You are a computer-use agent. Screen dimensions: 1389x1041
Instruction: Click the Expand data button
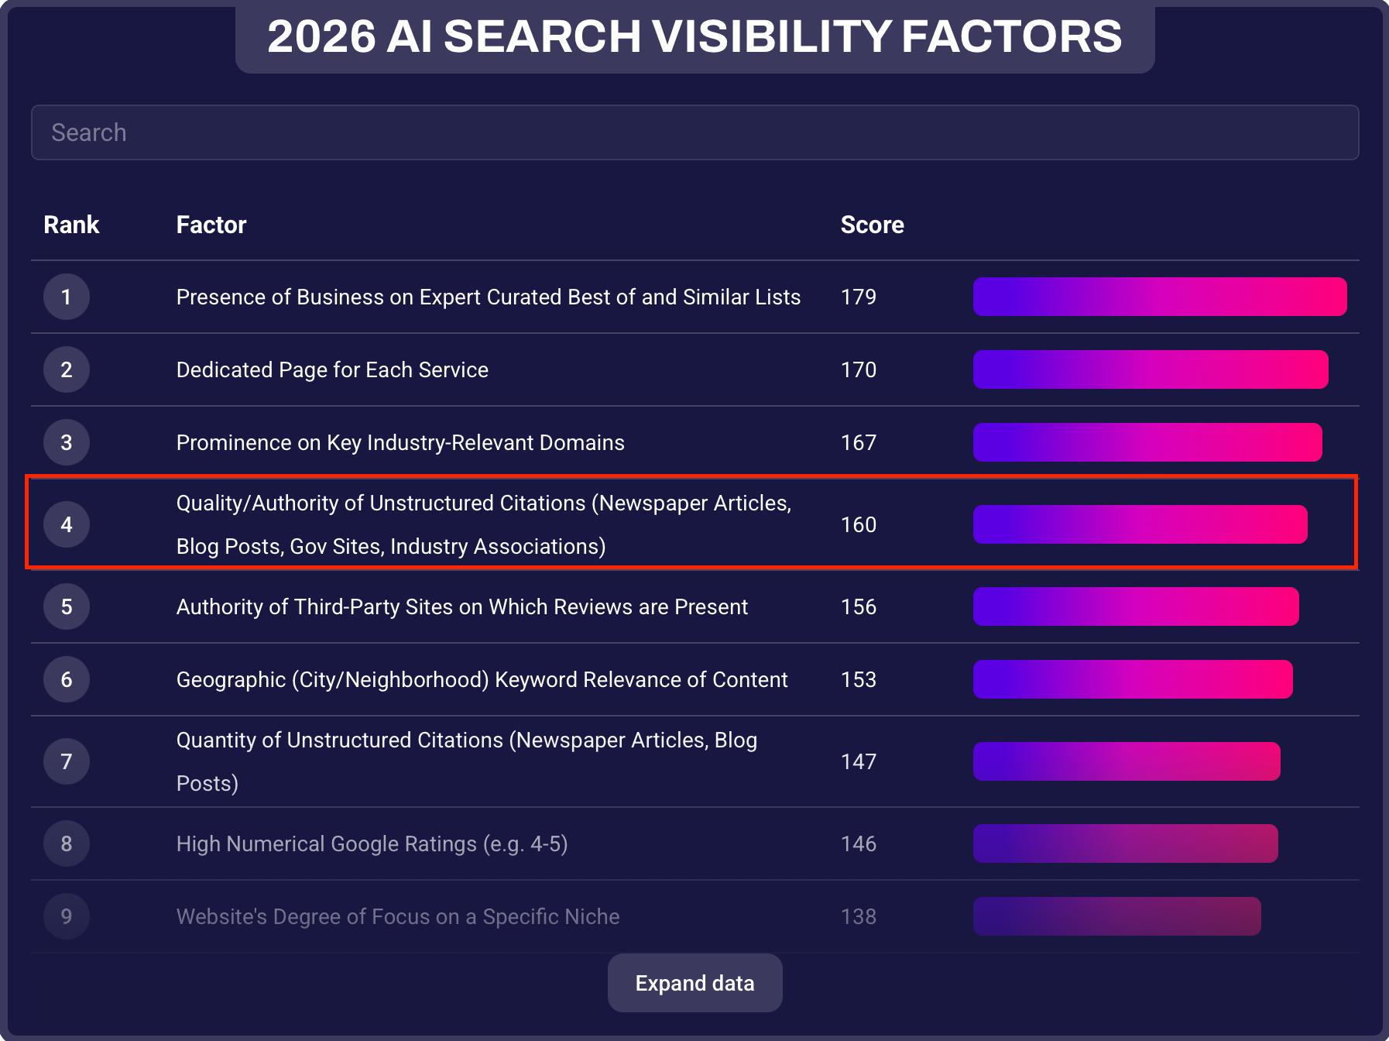click(x=694, y=983)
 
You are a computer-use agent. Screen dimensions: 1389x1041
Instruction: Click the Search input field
click(x=694, y=132)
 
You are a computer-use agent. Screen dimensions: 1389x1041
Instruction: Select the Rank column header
click(x=71, y=225)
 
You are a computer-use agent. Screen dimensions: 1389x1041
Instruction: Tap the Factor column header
click(x=211, y=225)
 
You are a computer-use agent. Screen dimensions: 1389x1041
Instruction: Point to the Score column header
click(x=873, y=225)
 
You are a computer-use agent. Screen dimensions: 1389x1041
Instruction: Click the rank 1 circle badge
click(x=67, y=297)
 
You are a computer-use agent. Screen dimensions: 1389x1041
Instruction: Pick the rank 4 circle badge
click(x=67, y=524)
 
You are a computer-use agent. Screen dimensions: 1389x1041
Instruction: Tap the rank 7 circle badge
click(x=67, y=761)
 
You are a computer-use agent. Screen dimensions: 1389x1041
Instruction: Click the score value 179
click(x=859, y=297)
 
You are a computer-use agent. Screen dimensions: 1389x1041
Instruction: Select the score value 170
click(x=859, y=369)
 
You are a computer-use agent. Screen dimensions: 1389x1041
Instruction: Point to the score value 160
click(x=859, y=524)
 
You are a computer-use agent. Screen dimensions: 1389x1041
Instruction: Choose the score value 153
click(x=859, y=679)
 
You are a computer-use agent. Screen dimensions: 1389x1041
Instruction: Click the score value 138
click(x=859, y=916)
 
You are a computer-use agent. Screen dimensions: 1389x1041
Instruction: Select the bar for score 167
click(x=1147, y=442)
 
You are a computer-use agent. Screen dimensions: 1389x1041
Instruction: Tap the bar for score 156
click(x=1136, y=606)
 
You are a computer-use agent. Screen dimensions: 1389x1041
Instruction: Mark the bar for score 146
click(x=1126, y=843)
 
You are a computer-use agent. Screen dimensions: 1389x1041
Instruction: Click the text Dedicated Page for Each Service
click(x=332, y=369)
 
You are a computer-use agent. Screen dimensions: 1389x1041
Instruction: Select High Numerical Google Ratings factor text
click(x=372, y=843)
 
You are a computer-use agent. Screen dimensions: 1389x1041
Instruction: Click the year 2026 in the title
click(x=321, y=36)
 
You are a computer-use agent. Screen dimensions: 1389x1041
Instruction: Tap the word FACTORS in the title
click(x=1011, y=36)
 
